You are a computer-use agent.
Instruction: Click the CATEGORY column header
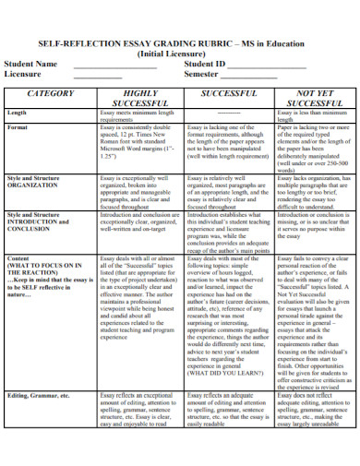50,94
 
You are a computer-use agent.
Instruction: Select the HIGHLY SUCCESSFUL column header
139,99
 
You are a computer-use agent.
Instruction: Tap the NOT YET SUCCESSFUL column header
309,99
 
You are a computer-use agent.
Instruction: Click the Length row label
18,113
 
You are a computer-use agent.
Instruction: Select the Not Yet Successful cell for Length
309,115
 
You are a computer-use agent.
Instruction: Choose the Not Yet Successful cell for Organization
309,196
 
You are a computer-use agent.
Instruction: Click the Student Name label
30,65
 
